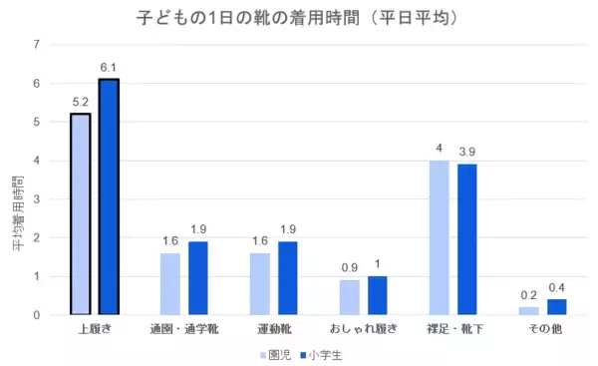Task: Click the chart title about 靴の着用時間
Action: click(299, 18)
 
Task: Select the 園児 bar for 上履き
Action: click(80, 214)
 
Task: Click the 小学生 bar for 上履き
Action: click(109, 197)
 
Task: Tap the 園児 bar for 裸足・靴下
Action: click(439, 237)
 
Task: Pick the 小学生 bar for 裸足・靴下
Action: click(467, 239)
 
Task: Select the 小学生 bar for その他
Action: click(557, 307)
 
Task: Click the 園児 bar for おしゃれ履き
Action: click(349, 297)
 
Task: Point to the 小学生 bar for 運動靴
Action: click(288, 278)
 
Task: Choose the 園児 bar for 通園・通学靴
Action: click(169, 284)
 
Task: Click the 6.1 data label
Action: click(109, 68)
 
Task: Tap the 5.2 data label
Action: click(80, 103)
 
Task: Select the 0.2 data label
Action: click(528, 296)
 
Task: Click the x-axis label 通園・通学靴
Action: click(184, 329)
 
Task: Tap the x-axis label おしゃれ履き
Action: click(364, 329)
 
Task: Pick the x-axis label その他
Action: click(543, 329)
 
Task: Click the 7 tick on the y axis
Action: click(37, 45)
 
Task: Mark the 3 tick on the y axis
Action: click(37, 199)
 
